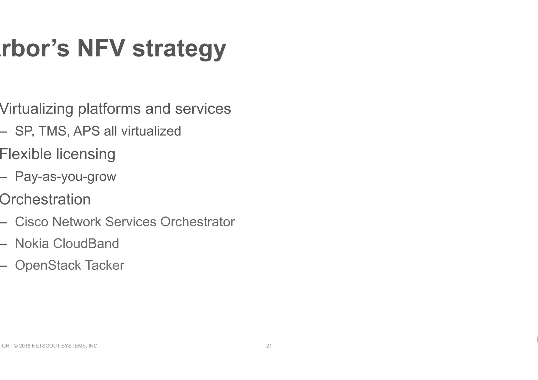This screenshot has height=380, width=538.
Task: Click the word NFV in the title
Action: (x=101, y=48)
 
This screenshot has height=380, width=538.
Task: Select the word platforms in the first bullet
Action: (x=109, y=109)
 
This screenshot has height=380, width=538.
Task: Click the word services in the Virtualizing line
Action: (x=203, y=109)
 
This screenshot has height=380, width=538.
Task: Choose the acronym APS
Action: (x=86, y=131)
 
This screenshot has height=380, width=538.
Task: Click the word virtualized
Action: (x=151, y=131)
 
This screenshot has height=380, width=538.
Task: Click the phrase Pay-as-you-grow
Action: (x=65, y=176)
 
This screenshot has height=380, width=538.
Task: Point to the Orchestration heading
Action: (x=45, y=199)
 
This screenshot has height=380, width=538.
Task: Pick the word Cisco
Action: (x=32, y=222)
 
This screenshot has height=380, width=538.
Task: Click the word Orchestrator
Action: (x=197, y=222)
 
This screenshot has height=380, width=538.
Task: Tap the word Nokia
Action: (x=32, y=243)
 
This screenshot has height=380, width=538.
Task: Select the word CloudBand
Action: (x=86, y=243)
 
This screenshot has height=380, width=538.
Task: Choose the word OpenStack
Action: (x=48, y=265)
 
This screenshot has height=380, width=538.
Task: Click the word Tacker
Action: (x=104, y=265)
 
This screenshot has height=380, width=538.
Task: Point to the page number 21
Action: (x=269, y=346)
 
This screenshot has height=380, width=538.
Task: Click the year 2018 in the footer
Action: (x=25, y=346)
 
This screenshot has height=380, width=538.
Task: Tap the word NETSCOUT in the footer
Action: (x=46, y=346)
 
